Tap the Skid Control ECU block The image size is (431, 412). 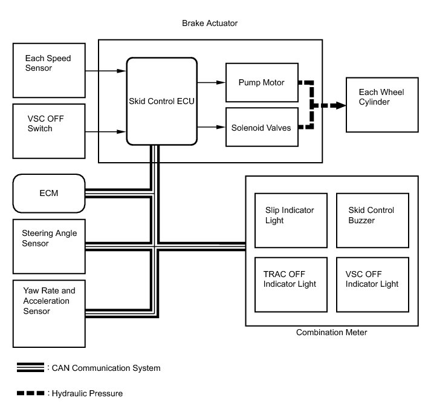[161, 101]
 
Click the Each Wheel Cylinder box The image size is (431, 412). [381, 105]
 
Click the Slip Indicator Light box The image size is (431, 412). [291, 220]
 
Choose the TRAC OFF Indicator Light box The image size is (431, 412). [291, 284]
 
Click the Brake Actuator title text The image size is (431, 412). [210, 23]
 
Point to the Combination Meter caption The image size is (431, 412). [331, 332]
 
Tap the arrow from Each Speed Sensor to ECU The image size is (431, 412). [106, 71]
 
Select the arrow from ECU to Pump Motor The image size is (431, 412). [211, 82]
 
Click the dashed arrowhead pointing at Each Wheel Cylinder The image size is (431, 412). [341, 105]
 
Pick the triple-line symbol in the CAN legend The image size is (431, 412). [30, 367]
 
